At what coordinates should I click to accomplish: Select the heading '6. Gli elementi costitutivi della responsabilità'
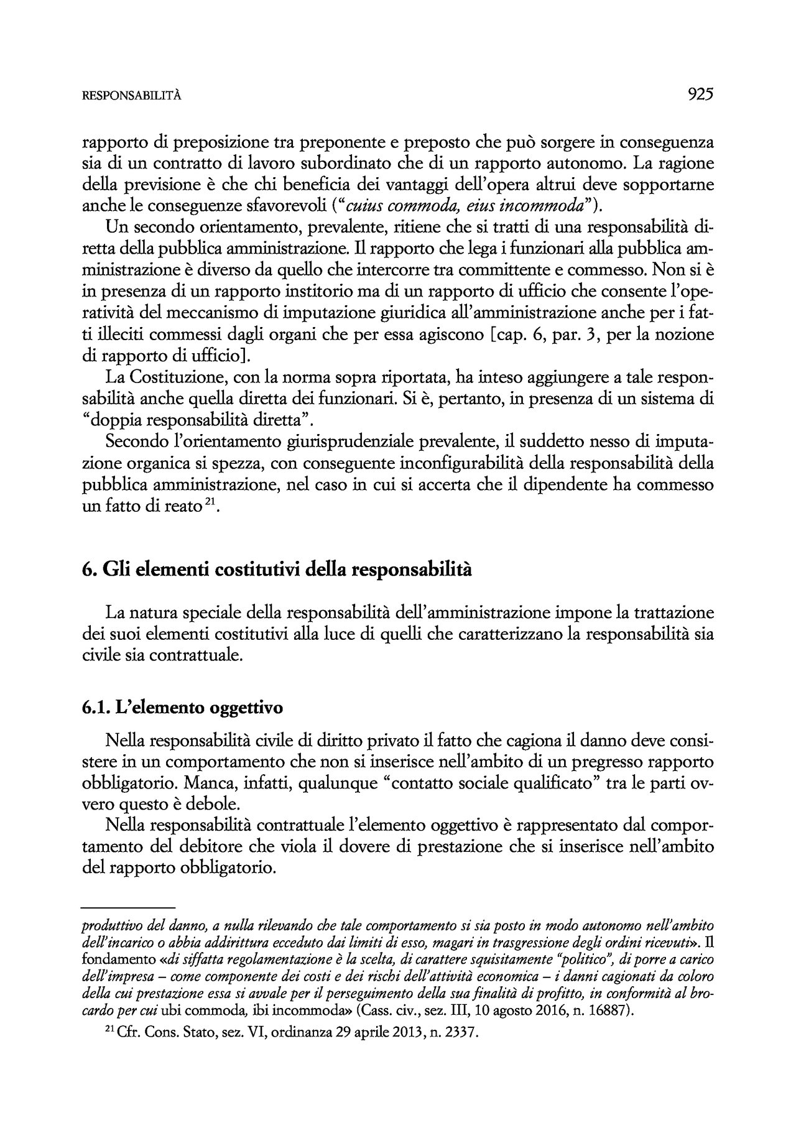click(x=277, y=570)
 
